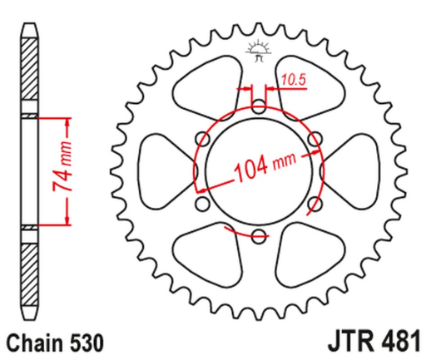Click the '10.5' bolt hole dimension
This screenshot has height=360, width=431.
tap(292, 81)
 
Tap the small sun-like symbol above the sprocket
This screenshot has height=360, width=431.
tap(257, 52)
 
